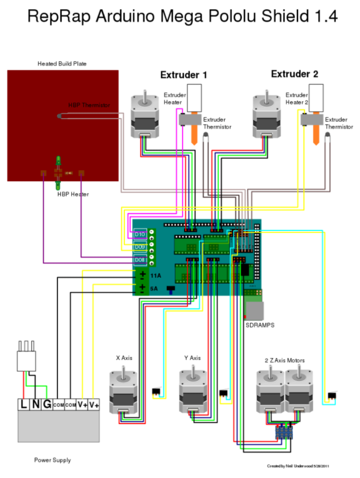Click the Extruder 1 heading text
[x=183, y=75]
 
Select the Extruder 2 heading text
[x=294, y=74]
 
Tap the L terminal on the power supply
[x=24, y=405]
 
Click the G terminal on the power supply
[x=46, y=405]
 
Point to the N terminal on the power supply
[x=34, y=405]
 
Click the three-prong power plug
[x=26, y=358]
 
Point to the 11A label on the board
[x=154, y=276]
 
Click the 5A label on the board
[x=154, y=289]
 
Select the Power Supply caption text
[x=52, y=460]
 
